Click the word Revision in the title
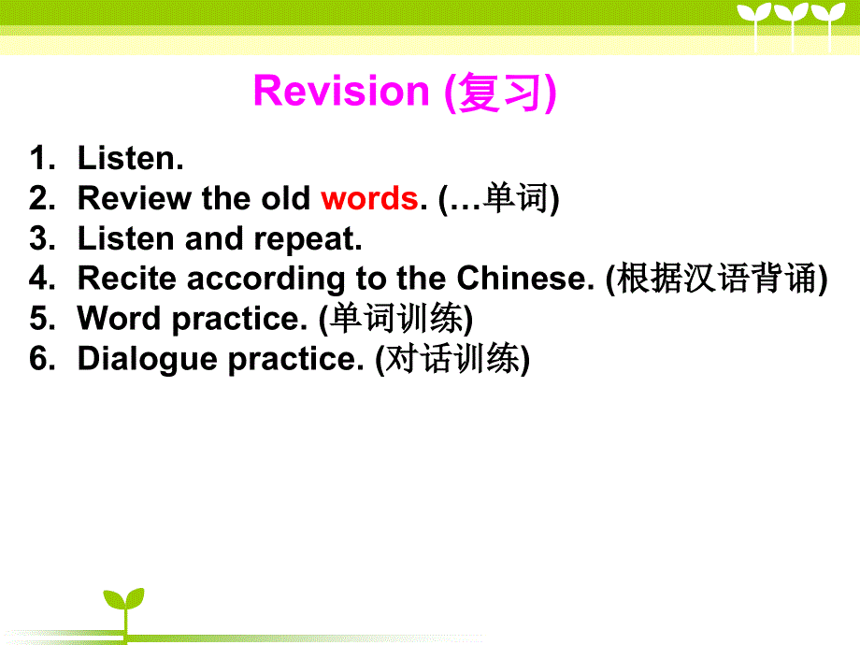tap(341, 91)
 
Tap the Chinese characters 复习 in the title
tap(498, 93)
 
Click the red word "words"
tap(369, 198)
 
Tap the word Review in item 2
tap(135, 198)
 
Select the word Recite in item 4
tap(127, 278)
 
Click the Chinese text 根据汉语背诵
tap(716, 278)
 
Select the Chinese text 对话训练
tap(451, 358)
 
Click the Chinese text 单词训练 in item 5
tap(396, 318)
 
